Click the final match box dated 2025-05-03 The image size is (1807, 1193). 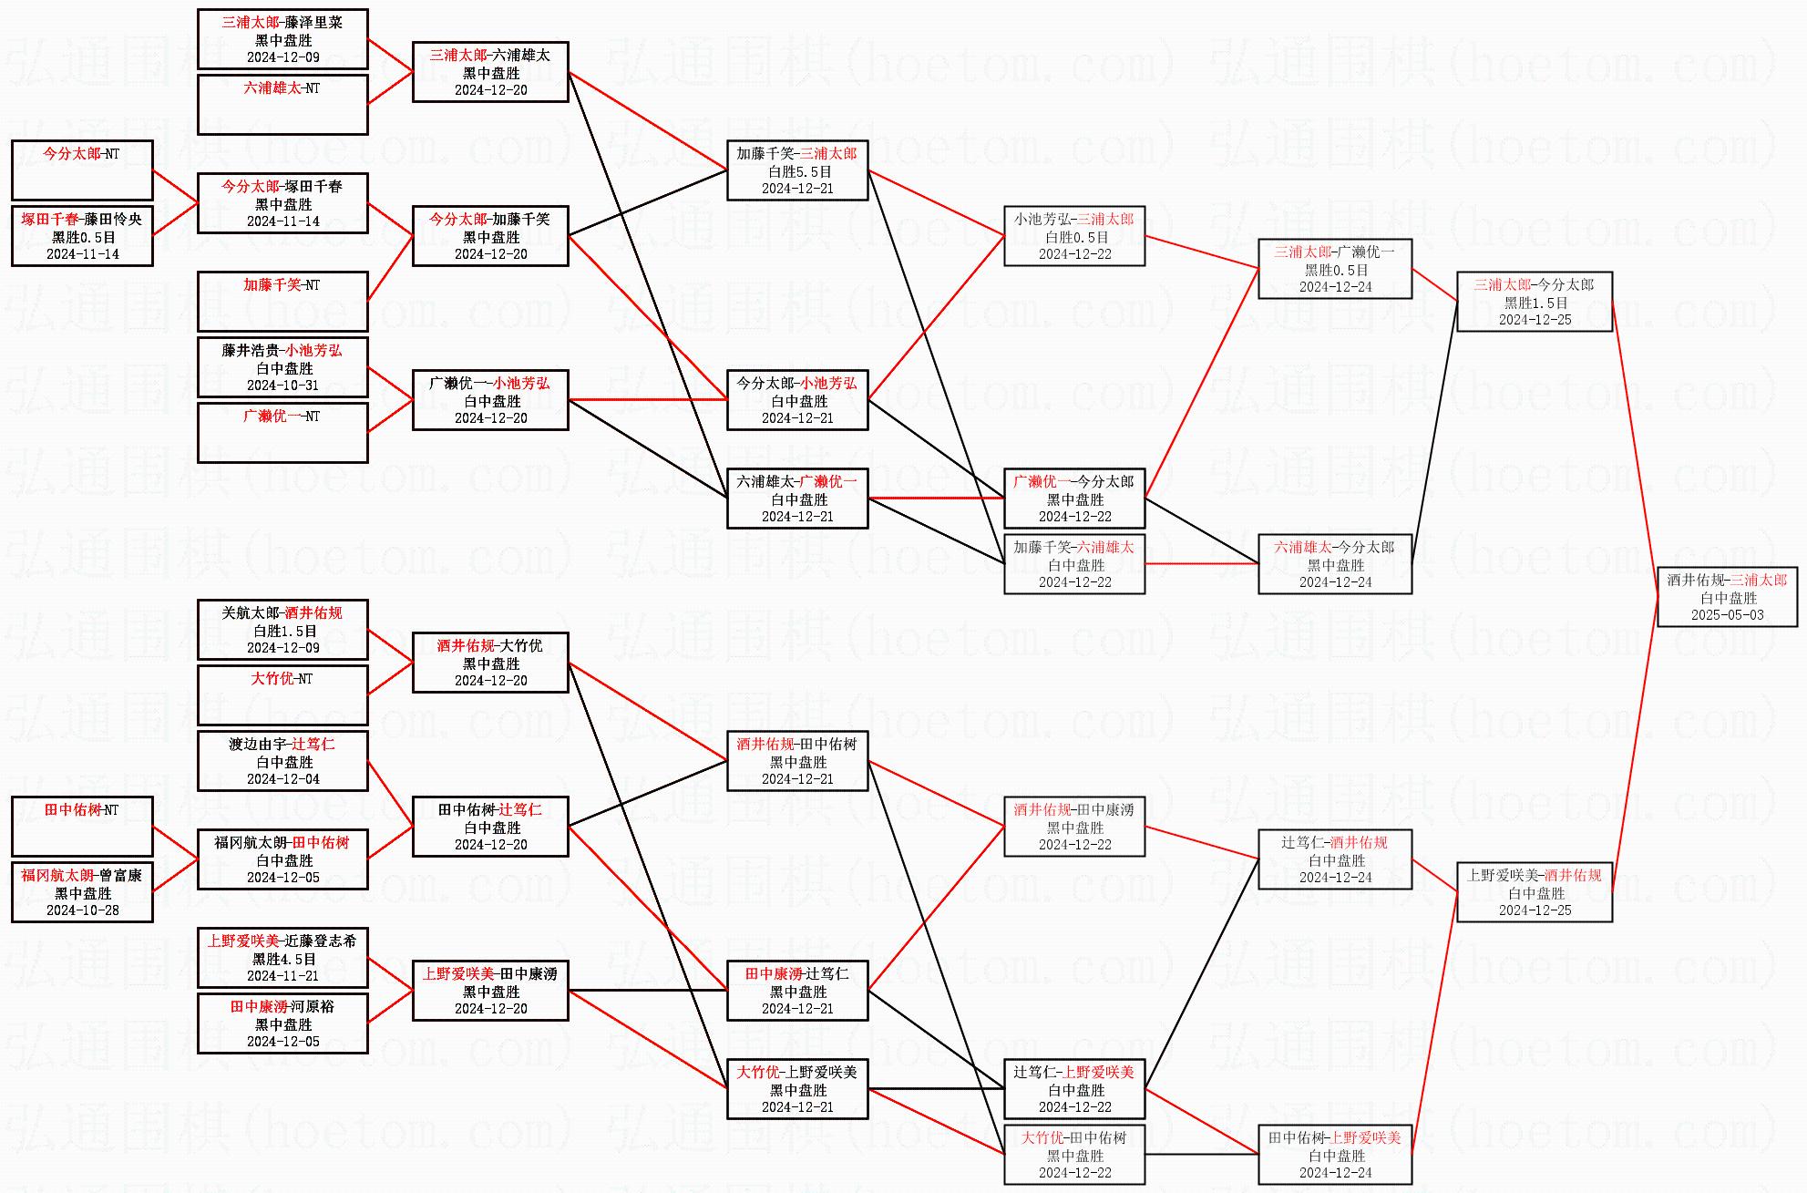1727,597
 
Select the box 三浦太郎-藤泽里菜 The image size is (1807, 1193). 282,39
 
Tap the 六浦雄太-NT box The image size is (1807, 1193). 282,104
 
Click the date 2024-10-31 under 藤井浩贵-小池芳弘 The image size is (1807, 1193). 282,386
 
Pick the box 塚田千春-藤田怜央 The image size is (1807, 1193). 82,236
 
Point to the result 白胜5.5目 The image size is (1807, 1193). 798,171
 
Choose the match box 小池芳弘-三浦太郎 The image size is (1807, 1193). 1074,236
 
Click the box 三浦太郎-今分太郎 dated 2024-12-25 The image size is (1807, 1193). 1535,302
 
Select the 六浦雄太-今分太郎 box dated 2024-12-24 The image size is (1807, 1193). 1335,564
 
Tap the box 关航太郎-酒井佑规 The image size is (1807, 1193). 282,630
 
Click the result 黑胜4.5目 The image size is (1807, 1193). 282,959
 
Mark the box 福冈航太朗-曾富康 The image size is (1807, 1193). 82,892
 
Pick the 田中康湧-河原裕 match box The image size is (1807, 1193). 282,1023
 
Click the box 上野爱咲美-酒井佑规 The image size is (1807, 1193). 1535,892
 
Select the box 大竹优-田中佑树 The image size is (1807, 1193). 1074,1155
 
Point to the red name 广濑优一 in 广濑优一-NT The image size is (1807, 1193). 272,417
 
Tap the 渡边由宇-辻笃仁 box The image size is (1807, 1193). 282,761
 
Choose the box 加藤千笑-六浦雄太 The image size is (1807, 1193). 1074,564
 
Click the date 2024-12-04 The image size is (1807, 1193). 282,779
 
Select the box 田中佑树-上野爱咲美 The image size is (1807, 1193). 1335,1155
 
